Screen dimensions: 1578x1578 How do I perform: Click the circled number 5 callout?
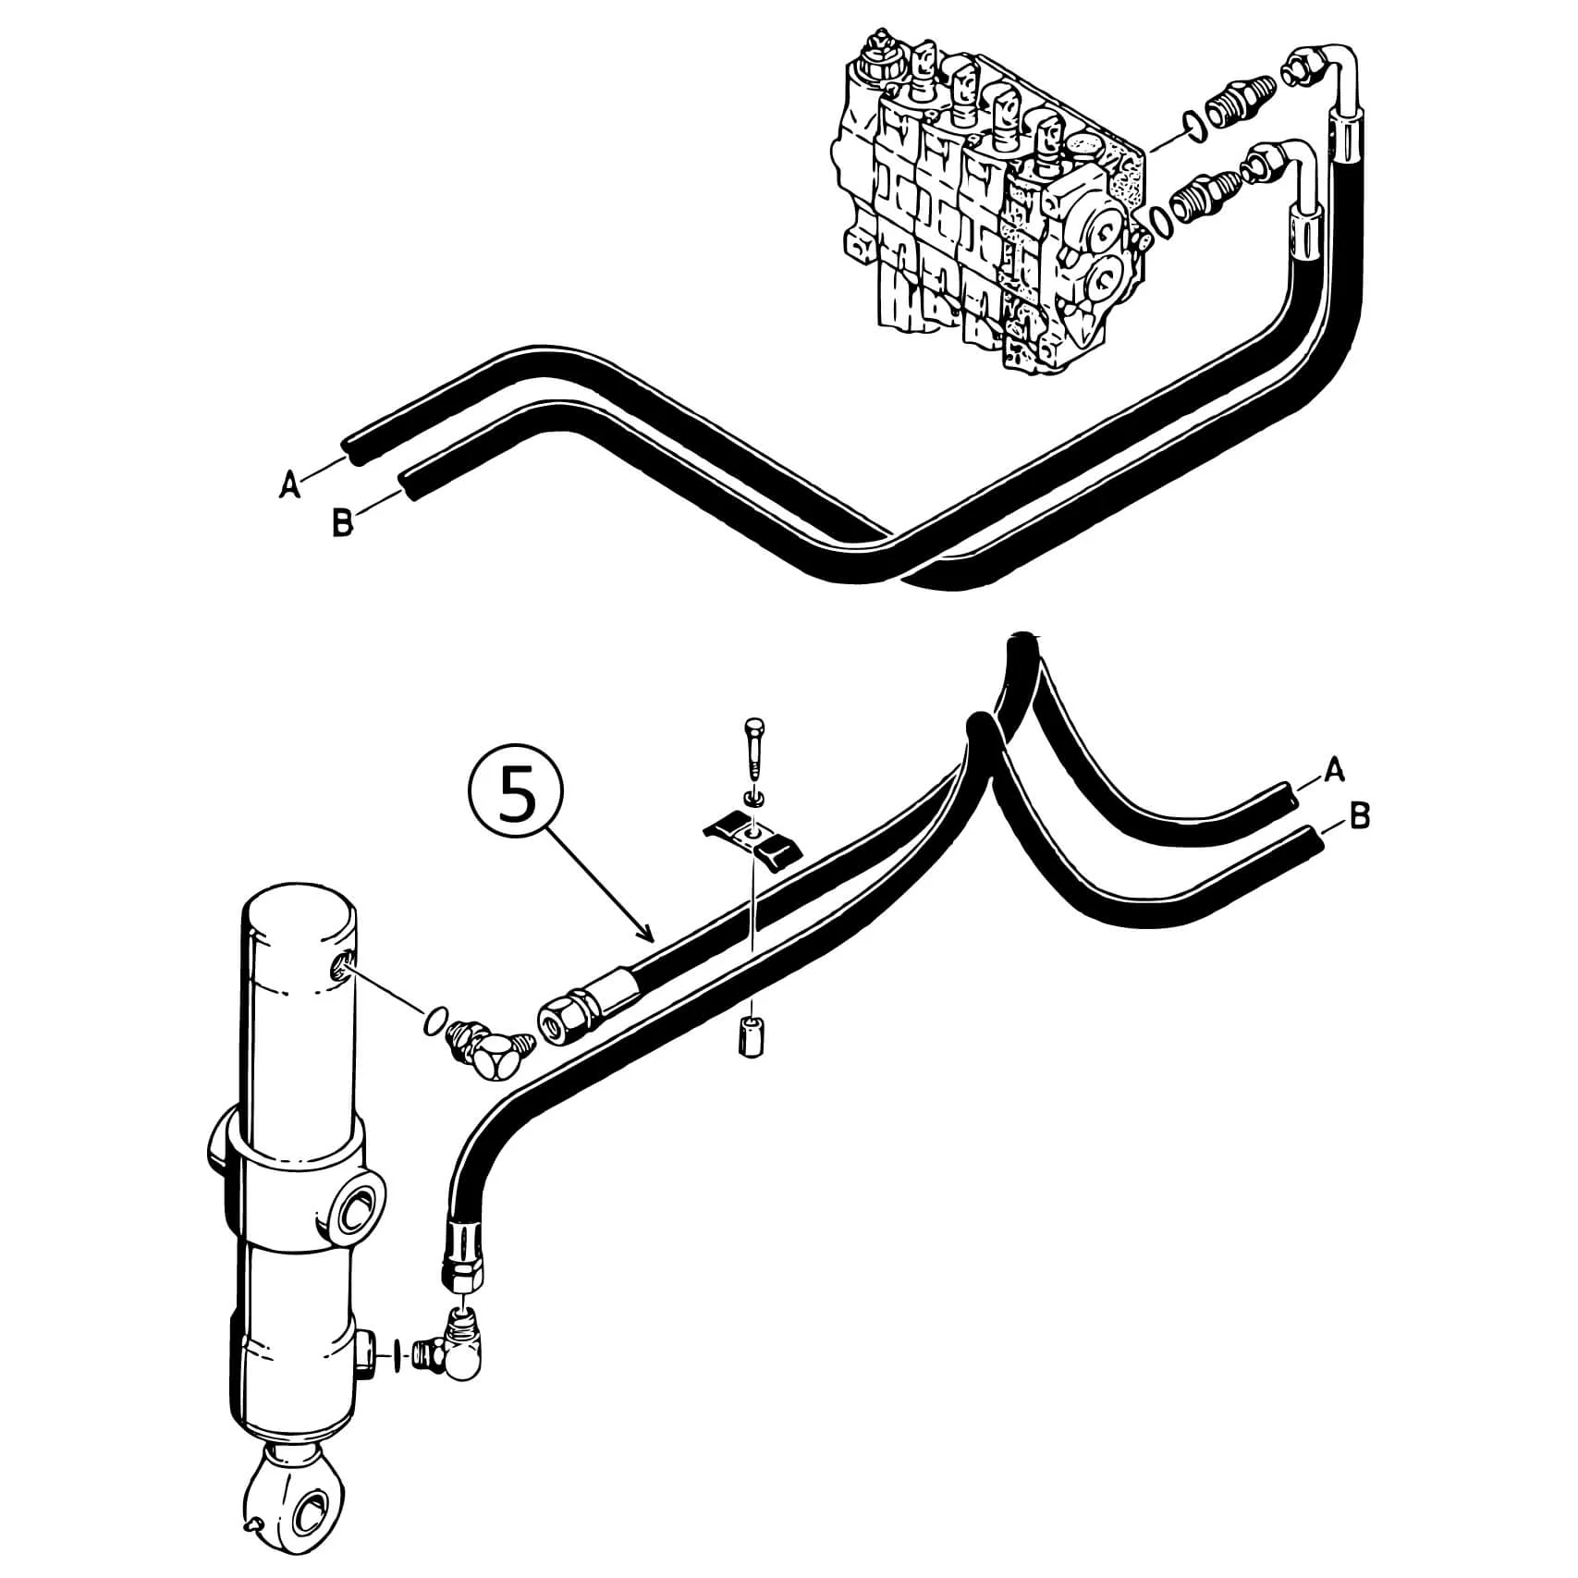point(517,794)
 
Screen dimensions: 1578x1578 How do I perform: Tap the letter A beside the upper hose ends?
point(290,483)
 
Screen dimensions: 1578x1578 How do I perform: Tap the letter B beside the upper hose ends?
point(342,524)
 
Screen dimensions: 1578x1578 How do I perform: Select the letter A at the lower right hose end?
point(1334,770)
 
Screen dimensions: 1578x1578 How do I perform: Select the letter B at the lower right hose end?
point(1359,817)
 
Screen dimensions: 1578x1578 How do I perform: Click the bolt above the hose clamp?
point(753,749)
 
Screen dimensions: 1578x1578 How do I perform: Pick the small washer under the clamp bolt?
point(753,796)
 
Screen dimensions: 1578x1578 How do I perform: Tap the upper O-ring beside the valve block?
point(1193,126)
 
